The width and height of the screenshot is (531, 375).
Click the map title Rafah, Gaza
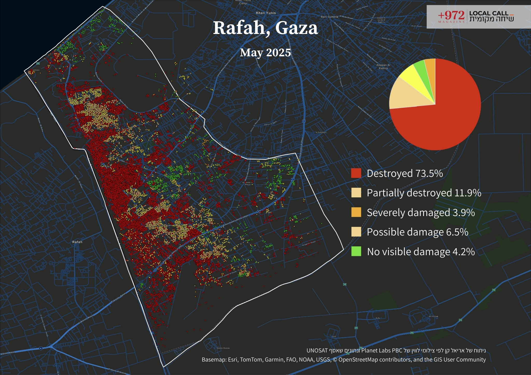pyautogui.click(x=265, y=28)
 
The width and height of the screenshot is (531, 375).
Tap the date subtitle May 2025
pyautogui.click(x=265, y=53)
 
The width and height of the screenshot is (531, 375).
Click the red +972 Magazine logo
pyautogui.click(x=451, y=16)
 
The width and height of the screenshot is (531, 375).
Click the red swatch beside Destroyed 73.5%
pyautogui.click(x=356, y=173)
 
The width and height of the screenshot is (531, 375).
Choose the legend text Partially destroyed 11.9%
pyautogui.click(x=424, y=193)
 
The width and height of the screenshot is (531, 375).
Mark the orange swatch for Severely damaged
pyautogui.click(x=356, y=212)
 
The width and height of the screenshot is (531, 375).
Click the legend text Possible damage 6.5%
pyautogui.click(x=417, y=232)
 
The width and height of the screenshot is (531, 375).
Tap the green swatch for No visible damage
pyautogui.click(x=356, y=251)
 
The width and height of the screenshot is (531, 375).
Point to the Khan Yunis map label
pyautogui.click(x=266, y=13)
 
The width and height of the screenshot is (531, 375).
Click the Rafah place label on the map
pyautogui.click(x=77, y=242)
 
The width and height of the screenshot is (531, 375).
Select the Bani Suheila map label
pyautogui.click(x=329, y=17)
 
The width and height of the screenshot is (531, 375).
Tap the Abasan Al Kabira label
pyautogui.click(x=383, y=67)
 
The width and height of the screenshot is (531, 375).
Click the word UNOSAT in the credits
pyautogui.click(x=317, y=351)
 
